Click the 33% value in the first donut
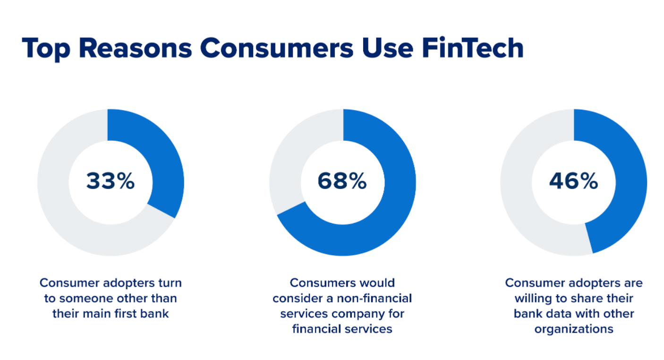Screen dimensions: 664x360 click(x=110, y=181)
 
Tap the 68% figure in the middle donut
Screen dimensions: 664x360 click(x=342, y=181)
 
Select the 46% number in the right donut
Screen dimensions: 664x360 click(x=574, y=181)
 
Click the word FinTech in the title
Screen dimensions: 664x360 click(x=473, y=48)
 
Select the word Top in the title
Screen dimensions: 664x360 click(x=46, y=50)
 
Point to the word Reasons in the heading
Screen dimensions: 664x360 click(x=136, y=48)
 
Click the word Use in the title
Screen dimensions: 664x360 click(x=387, y=48)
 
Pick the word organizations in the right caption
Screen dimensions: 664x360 click(x=574, y=329)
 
